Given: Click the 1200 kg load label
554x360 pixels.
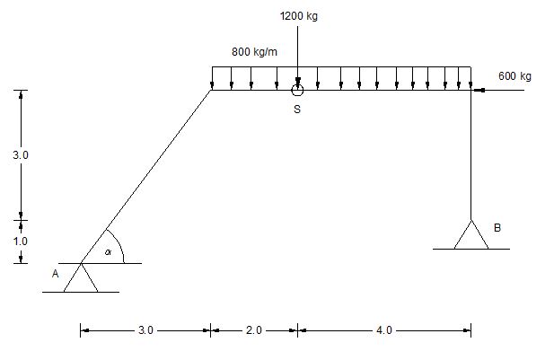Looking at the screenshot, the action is click(x=299, y=16).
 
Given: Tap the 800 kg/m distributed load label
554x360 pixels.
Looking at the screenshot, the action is click(x=254, y=52).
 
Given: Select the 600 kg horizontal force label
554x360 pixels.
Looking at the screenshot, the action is click(x=514, y=76).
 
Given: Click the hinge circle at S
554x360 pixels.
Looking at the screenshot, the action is click(x=297, y=90).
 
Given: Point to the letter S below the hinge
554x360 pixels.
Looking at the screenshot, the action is click(x=297, y=110).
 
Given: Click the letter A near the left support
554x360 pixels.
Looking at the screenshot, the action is click(x=55, y=274).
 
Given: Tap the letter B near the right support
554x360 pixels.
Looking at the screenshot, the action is click(x=497, y=228).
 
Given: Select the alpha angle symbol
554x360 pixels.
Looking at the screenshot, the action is click(x=108, y=252).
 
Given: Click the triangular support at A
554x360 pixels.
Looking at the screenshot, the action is click(x=81, y=277).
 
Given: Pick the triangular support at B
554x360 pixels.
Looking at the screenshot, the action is click(x=471, y=234).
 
